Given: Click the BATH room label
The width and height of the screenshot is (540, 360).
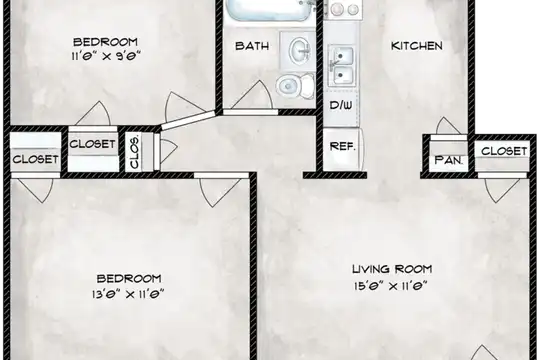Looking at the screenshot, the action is pos(252,46).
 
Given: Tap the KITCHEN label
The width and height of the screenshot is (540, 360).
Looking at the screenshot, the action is pos(417,46).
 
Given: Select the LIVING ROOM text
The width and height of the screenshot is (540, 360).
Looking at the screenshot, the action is pos(392,269).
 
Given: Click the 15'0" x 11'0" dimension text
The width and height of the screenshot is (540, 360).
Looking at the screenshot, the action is pos(391,286).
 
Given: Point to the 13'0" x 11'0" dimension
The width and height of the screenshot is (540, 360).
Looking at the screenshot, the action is pos(127,295).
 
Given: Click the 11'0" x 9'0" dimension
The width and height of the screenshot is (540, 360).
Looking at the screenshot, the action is pos(106,56).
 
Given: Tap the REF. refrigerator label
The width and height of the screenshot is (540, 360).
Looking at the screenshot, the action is pos(342,146).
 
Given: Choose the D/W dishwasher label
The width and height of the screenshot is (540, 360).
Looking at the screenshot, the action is pos(341,105).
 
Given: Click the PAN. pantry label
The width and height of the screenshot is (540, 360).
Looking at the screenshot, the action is pos(448,160).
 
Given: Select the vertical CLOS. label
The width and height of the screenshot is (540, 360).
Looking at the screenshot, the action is pos(134,151).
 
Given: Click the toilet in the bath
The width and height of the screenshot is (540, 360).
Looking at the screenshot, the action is pos(295,85).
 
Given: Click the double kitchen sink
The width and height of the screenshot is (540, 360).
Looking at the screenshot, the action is pos(341,65).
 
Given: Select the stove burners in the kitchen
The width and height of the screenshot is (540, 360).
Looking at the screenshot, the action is pos(343,9).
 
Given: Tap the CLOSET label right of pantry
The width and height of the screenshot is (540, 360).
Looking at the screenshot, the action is pos(504,151).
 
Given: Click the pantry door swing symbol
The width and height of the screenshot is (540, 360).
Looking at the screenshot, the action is pos(447,126).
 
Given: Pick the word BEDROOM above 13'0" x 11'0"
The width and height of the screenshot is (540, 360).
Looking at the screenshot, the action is pos(129,278).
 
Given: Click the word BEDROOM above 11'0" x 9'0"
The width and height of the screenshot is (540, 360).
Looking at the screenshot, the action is pos(105,42).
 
